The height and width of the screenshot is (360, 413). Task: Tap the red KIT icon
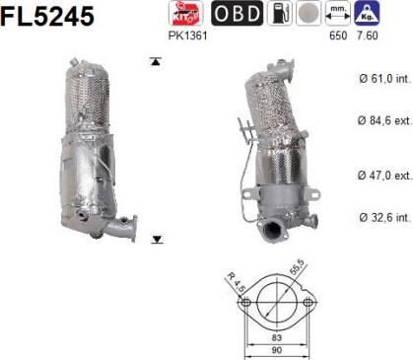point(183,14)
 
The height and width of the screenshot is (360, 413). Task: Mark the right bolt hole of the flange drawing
point(308,302)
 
